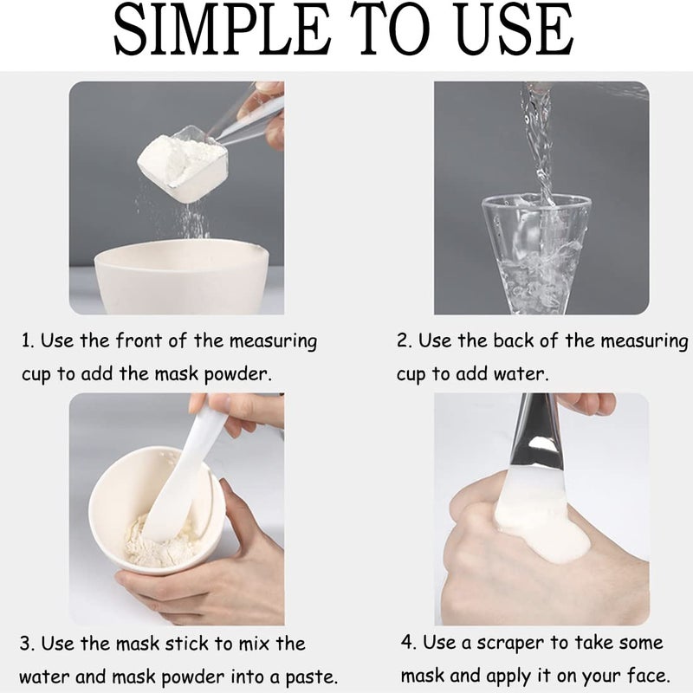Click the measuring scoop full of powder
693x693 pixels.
tap(184, 165)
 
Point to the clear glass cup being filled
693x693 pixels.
tap(536, 251)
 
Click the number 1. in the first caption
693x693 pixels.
tap(28, 340)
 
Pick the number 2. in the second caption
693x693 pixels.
tap(404, 340)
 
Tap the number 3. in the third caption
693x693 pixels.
tap(28, 644)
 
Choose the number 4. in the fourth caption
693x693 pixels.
tap(407, 643)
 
